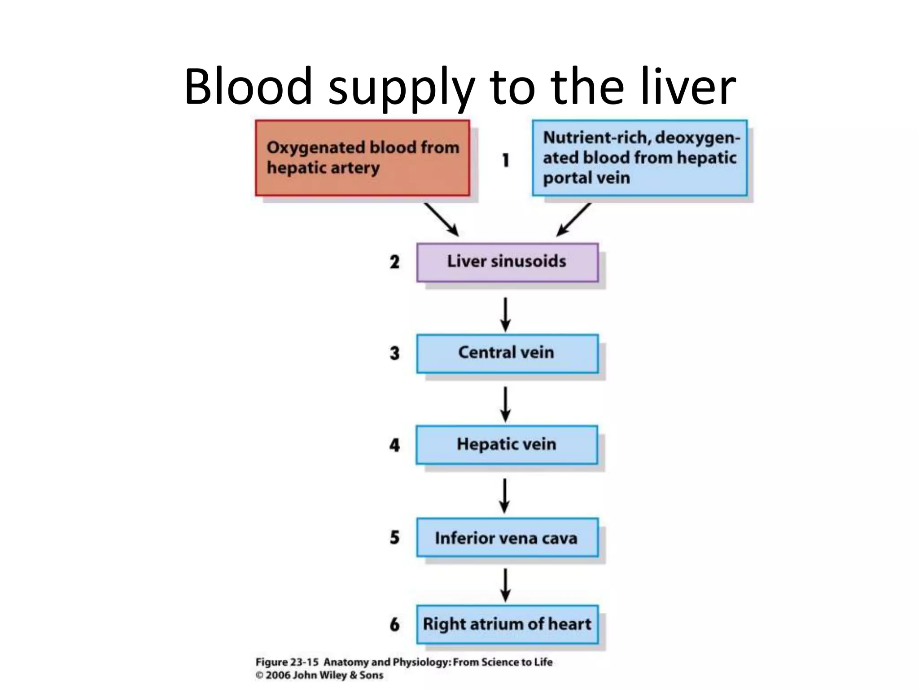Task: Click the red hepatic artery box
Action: point(363,158)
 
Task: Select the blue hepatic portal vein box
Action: point(639,158)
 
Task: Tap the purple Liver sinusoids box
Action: point(507,262)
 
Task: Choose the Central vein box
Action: point(507,353)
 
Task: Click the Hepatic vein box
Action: point(507,445)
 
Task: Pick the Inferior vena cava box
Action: point(507,537)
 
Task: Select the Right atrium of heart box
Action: point(507,624)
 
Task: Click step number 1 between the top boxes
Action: point(506,160)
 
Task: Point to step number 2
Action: point(394,262)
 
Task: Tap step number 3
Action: point(394,353)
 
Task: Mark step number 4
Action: point(394,445)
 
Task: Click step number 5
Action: point(394,537)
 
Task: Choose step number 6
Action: point(394,624)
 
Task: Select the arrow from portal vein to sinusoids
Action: point(573,220)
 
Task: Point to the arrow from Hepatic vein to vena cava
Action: point(505,495)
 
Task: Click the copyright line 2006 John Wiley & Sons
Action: point(319,675)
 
